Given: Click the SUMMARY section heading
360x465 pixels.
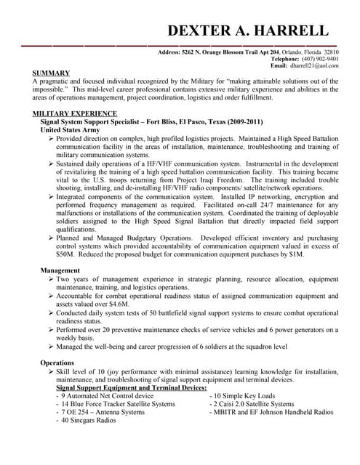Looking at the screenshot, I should (52, 73).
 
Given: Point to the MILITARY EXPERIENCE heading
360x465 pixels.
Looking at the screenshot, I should (75, 114).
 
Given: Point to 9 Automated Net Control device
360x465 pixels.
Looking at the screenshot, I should (108, 397).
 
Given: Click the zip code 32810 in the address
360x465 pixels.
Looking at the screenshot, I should (331, 52).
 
